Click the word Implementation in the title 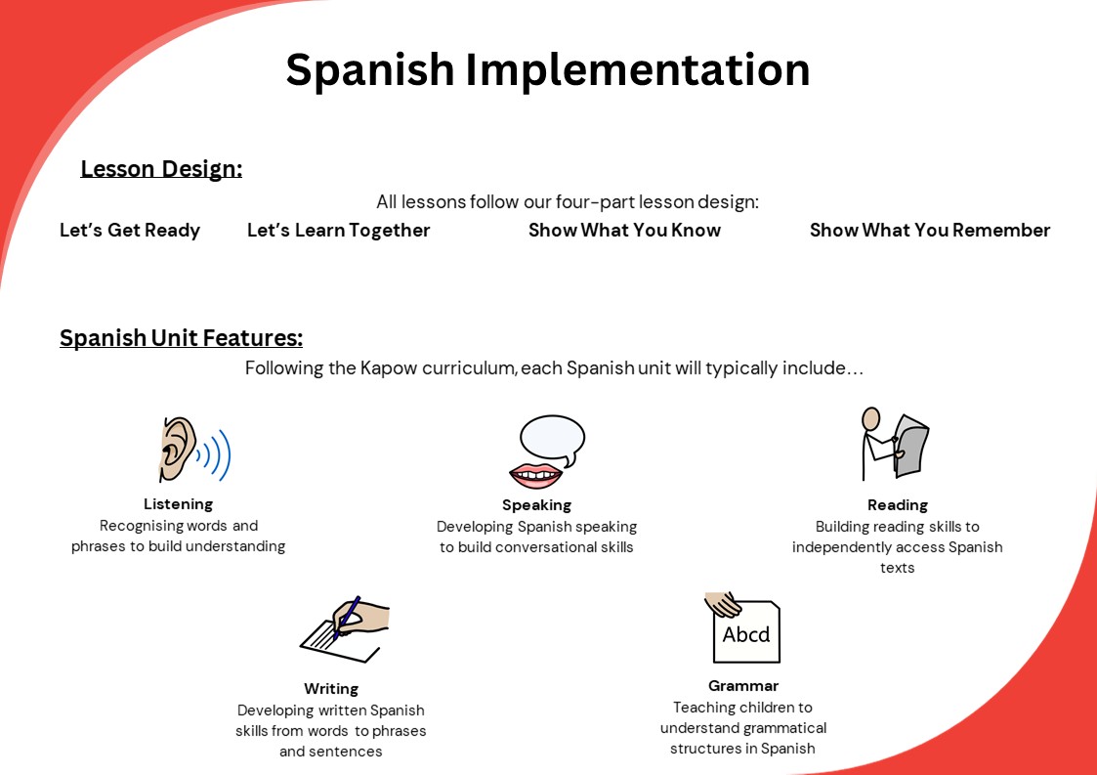(637, 70)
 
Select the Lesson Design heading (161, 169)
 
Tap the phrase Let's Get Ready (129, 231)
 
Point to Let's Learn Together (339, 231)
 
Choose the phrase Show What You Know (625, 231)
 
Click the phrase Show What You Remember (930, 231)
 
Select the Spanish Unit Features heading (181, 337)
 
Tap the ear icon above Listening (177, 450)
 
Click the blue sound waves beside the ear (218, 455)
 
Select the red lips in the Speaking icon (536, 475)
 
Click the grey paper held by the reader (911, 446)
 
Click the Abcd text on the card (745, 634)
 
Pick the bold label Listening (179, 504)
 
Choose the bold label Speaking (536, 505)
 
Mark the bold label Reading (898, 505)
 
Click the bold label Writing (331, 689)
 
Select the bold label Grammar (743, 686)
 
